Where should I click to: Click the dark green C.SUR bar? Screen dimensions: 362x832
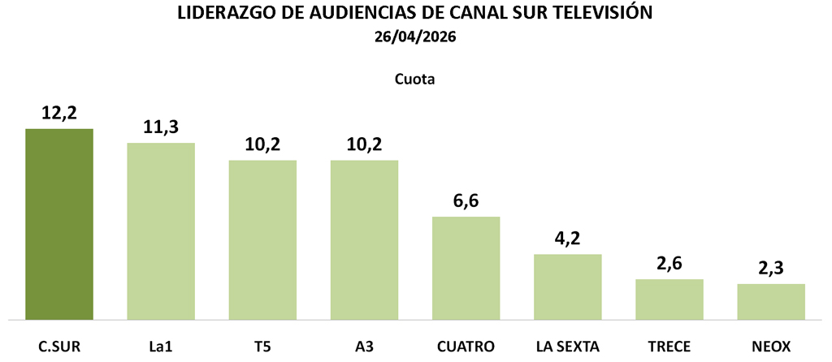[x=59, y=224]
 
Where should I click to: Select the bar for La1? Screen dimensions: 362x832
[x=161, y=231]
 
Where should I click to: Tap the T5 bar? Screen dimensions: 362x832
[x=262, y=239]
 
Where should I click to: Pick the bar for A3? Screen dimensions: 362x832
[x=364, y=239]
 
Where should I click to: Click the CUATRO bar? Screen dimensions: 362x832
[x=466, y=268]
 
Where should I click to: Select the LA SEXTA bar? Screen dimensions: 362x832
[x=567, y=287]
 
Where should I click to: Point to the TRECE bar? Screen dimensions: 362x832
[x=669, y=299]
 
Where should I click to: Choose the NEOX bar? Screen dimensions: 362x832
[x=771, y=301]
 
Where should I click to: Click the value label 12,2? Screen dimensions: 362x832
[x=59, y=114]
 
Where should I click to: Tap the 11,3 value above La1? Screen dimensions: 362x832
[x=161, y=128]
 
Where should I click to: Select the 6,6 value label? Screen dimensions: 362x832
[x=466, y=202]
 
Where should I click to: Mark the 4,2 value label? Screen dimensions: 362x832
[x=567, y=239]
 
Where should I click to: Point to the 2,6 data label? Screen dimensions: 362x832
[x=669, y=265]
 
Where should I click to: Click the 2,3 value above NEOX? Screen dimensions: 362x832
[x=771, y=269]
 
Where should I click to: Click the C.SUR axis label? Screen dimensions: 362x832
[x=59, y=347]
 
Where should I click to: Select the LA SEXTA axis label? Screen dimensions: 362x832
[x=567, y=347]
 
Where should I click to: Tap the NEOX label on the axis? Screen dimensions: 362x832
[x=771, y=347]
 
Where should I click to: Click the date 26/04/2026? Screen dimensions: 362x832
[x=415, y=38]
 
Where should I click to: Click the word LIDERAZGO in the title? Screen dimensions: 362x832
[x=221, y=14]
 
